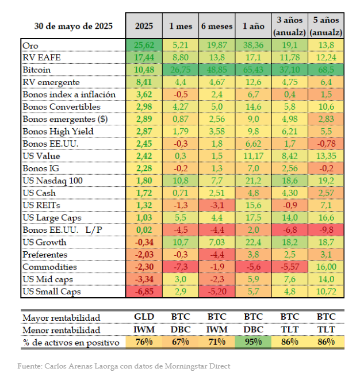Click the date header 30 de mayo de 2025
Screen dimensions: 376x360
point(72,26)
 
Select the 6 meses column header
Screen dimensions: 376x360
point(216,26)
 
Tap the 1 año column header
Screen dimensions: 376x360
point(253,26)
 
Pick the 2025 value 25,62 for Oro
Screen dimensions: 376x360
point(144,45)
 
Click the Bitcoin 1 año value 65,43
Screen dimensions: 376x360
point(253,70)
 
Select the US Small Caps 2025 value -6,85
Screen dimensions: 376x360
point(144,292)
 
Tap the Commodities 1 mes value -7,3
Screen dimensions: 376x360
point(181,267)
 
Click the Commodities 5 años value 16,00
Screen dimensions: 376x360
point(325,267)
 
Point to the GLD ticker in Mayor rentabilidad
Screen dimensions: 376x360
point(144,318)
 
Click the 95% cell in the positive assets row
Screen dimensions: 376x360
point(253,343)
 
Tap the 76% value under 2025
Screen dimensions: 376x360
point(144,343)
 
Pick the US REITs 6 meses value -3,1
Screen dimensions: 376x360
point(216,205)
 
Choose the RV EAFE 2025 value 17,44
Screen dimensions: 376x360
point(144,57)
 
